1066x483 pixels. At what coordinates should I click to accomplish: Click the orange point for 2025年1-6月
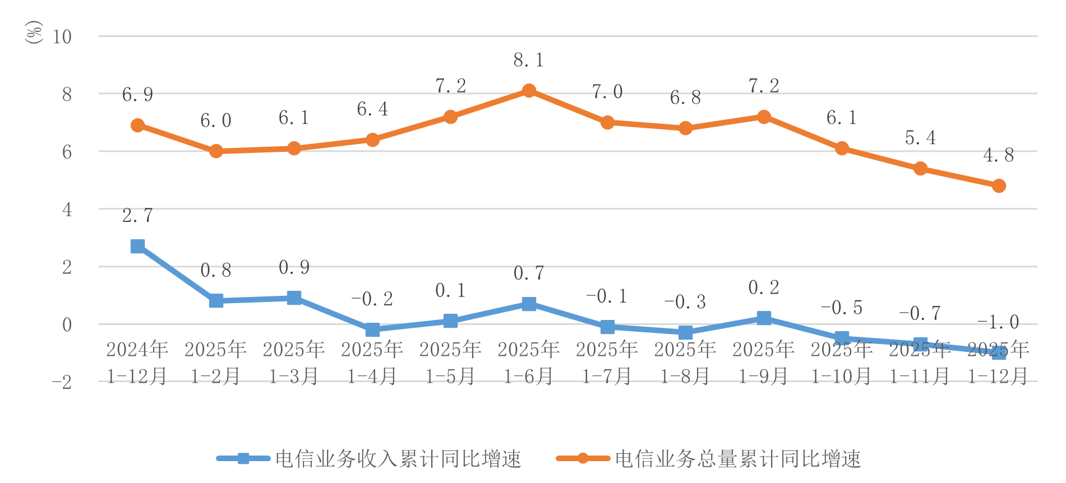[529, 91]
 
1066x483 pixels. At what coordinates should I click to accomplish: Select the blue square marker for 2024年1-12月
[137, 246]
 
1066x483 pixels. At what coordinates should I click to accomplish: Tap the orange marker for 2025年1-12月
[998, 186]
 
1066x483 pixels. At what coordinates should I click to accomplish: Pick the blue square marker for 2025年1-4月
[372, 329]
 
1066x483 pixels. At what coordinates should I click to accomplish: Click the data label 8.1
[529, 61]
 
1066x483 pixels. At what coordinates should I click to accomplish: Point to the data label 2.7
[137, 216]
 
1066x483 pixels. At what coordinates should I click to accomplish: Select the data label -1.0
[998, 322]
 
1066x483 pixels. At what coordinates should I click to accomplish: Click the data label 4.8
[998, 155]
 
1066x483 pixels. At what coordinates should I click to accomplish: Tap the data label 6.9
[137, 95]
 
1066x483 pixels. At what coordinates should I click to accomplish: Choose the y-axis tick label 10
[62, 37]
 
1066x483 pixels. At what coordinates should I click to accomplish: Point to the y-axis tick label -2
[62, 383]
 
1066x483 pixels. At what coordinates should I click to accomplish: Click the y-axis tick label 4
[67, 210]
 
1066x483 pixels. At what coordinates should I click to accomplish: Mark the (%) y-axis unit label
[34, 32]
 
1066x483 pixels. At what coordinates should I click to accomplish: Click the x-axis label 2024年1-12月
[137, 363]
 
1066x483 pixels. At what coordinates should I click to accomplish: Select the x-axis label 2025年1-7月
[607, 363]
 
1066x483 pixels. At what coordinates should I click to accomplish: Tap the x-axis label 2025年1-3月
[294, 363]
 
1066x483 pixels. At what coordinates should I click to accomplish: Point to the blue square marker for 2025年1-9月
[763, 318]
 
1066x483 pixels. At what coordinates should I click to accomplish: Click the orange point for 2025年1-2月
[216, 151]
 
